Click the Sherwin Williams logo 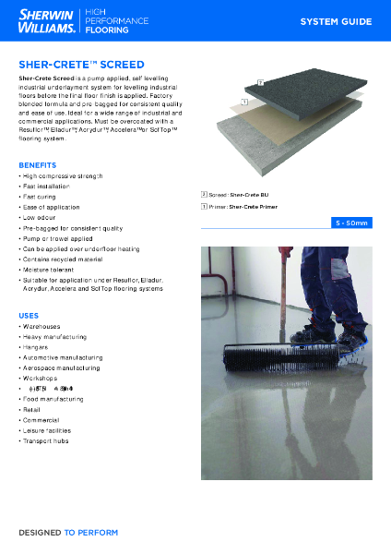46,22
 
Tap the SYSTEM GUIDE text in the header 336,21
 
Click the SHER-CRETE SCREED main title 82,66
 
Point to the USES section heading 29,315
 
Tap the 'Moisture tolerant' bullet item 52,271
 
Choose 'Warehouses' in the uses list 41,327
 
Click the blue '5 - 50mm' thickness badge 351,223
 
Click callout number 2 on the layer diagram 261,82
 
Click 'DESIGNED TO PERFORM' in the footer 68,533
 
